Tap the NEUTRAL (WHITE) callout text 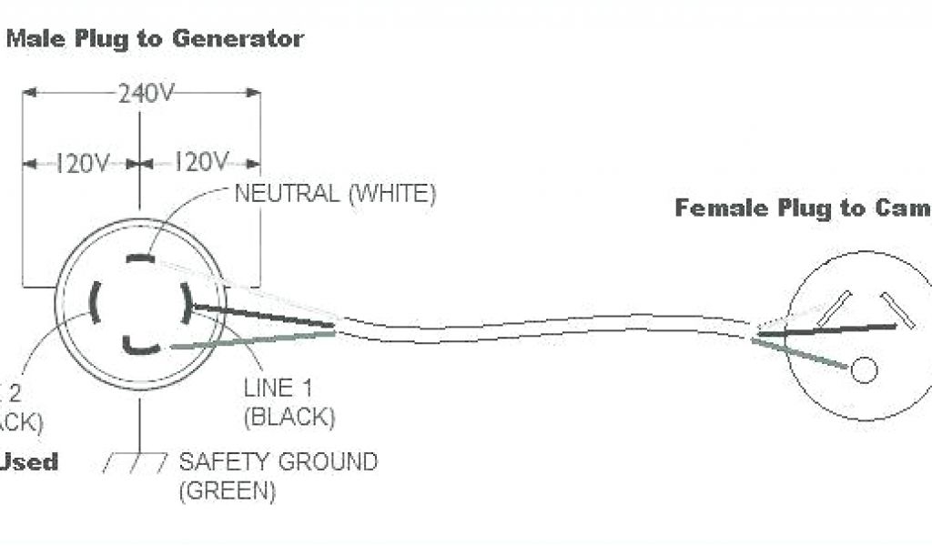[x=336, y=193]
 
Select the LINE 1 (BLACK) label [x=289, y=403]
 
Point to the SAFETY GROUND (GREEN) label [x=278, y=475]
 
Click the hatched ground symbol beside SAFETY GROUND [x=137, y=463]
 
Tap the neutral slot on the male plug [x=140, y=258]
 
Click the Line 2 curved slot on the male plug [x=94, y=301]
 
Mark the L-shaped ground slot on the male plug [x=137, y=345]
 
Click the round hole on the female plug [x=863, y=369]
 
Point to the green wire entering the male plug [x=255, y=339]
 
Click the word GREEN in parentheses [x=228, y=491]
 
